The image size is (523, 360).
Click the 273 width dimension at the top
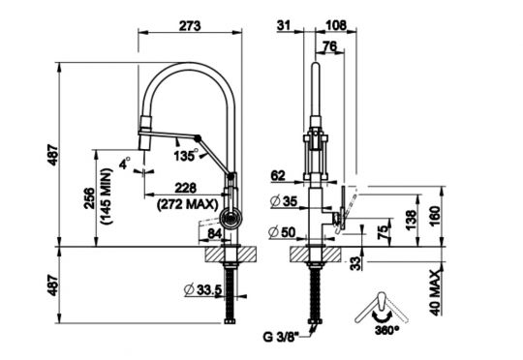(190, 26)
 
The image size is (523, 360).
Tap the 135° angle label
(187, 156)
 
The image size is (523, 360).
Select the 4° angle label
(125, 164)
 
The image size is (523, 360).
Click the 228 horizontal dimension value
(186, 189)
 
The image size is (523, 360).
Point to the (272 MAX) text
(188, 204)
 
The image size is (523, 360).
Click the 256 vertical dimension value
(89, 198)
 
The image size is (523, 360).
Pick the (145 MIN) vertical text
(107, 196)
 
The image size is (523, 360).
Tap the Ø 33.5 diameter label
(202, 289)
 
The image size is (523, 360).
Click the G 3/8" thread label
(280, 338)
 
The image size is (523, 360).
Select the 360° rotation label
(386, 330)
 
